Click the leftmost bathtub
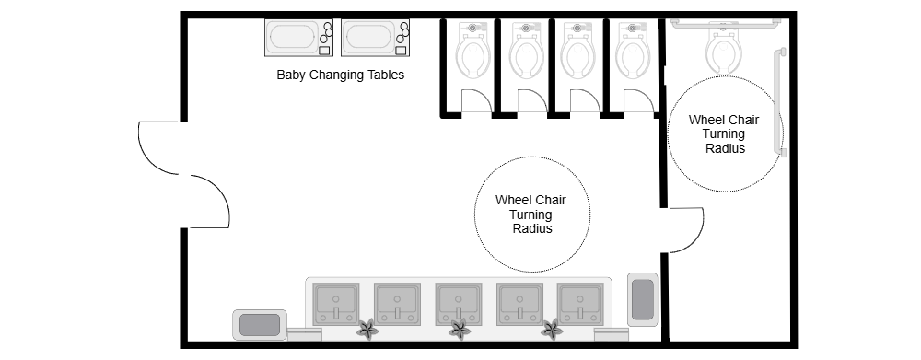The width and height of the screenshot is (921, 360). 299,38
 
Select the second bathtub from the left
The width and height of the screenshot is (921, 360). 376,38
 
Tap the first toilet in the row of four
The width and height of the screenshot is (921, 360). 473,51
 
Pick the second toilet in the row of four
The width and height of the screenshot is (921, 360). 527,51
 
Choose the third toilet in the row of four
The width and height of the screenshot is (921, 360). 578,51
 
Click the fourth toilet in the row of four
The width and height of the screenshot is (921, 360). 634,51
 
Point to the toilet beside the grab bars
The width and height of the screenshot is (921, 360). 724,48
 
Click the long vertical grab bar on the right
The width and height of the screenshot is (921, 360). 781,101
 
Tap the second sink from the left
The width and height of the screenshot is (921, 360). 398,303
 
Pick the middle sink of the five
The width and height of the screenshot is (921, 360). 458,303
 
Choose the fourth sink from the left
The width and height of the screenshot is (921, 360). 519,303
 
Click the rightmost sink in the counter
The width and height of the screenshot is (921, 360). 579,303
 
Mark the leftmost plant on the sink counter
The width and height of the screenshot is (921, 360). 367,329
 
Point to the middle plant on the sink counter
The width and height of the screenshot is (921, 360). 459,329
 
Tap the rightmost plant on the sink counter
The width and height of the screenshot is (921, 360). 551,329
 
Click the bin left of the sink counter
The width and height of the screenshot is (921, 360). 259,324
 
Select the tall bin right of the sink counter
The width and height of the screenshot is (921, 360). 642,298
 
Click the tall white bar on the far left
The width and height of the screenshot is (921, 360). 184,174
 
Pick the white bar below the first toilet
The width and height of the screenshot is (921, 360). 476,116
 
